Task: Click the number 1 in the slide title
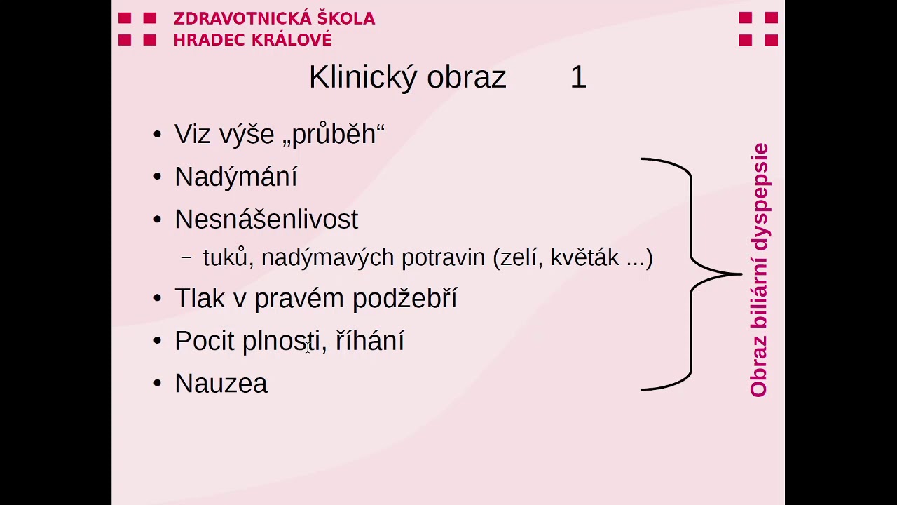578,77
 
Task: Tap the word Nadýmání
235,177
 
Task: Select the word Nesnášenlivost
266,220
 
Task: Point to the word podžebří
404,299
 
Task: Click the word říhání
370,341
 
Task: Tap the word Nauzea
221,384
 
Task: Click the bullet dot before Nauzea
157,384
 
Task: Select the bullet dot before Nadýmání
157,177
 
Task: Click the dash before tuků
186,258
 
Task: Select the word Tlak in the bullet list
200,299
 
